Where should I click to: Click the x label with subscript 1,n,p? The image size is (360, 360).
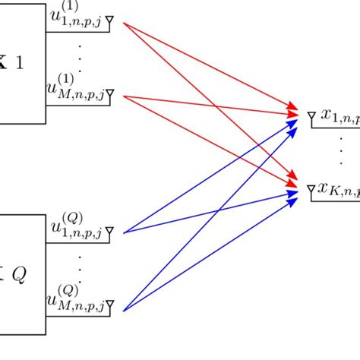coord(339,116)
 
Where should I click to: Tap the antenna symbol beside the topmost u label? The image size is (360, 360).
coord(111,24)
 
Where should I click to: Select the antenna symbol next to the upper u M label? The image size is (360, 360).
coord(111,94)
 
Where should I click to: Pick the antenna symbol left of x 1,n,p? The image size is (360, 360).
coord(311,115)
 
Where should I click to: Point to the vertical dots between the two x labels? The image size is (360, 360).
coord(340,152)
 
